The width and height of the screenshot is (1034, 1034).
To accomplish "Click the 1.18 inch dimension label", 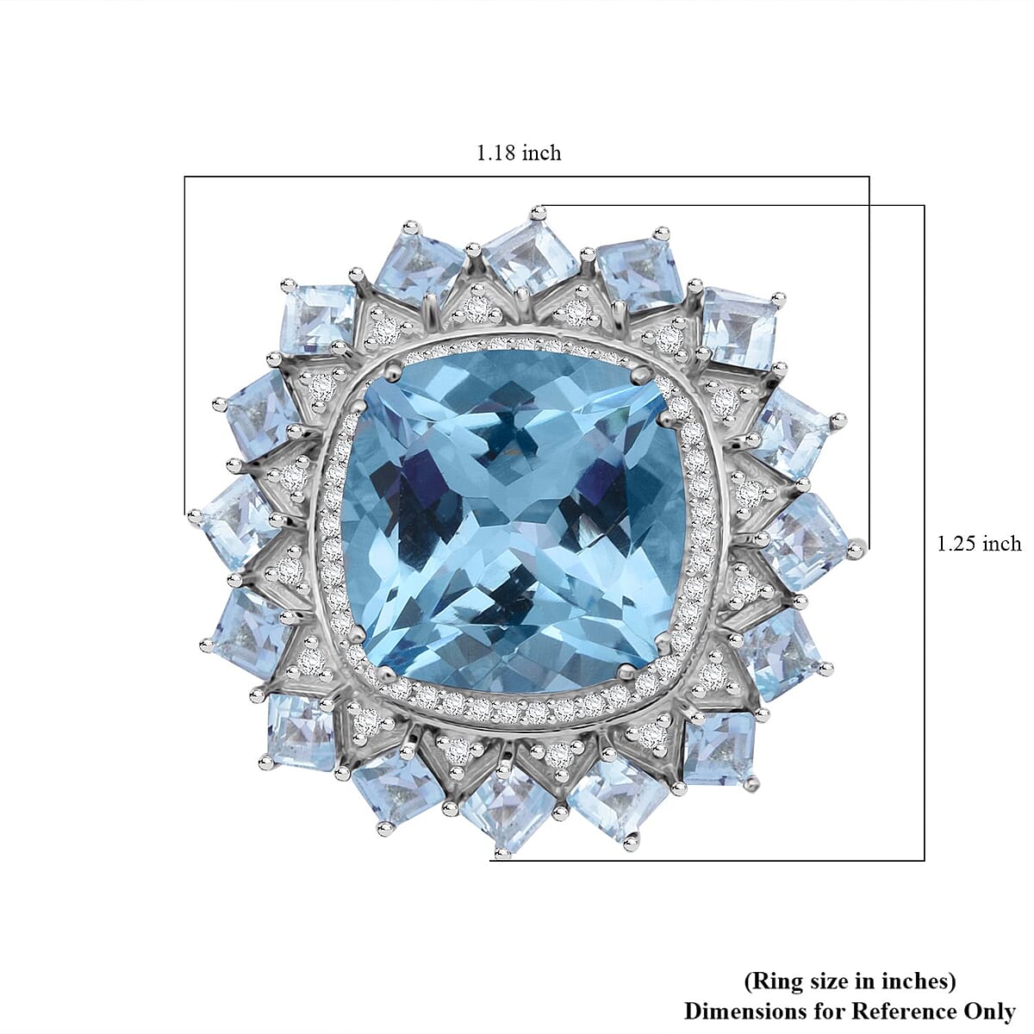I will click(x=519, y=153).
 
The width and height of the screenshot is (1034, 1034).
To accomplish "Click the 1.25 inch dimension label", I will click(x=978, y=543).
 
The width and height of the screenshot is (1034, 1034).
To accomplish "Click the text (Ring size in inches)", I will click(x=849, y=981).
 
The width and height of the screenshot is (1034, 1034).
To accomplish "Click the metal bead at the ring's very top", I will click(x=539, y=209).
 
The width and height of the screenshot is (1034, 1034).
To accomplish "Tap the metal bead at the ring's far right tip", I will click(x=856, y=545).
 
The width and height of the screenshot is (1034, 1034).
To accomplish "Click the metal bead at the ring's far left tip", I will click(x=194, y=517).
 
